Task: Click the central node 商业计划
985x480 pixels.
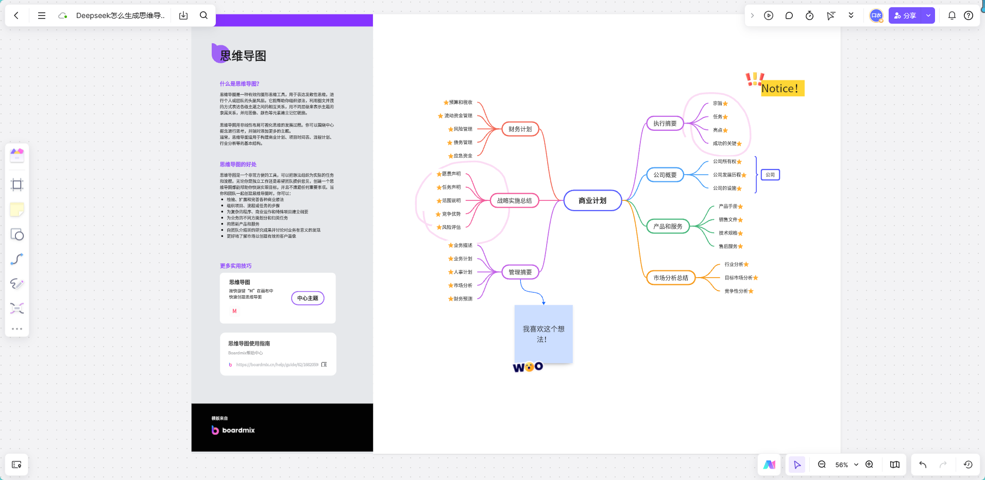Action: click(592, 200)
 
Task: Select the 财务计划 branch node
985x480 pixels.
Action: click(520, 129)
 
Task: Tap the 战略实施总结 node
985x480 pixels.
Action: click(514, 200)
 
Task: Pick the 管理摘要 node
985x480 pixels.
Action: click(520, 272)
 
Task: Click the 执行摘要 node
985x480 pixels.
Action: click(665, 123)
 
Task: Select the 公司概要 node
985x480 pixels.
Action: click(665, 175)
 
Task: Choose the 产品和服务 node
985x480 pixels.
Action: click(668, 226)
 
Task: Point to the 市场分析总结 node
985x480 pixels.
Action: click(671, 278)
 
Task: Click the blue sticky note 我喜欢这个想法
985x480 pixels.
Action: click(544, 334)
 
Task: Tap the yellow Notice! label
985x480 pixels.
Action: click(780, 89)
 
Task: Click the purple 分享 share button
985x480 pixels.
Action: click(905, 15)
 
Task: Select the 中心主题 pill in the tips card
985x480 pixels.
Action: click(308, 298)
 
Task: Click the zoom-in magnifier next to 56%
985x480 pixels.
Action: click(869, 465)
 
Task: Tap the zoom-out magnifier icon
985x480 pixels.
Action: click(822, 465)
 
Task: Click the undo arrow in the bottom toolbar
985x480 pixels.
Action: click(923, 465)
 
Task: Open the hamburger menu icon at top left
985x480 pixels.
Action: click(42, 15)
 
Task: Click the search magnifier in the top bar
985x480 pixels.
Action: click(203, 15)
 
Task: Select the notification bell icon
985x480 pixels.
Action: click(952, 15)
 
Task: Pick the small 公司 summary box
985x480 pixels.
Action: click(770, 175)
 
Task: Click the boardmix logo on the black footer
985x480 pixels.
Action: click(233, 430)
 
